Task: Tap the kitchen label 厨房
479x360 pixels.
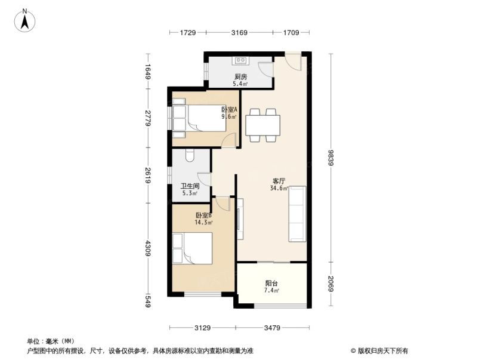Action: (240, 77)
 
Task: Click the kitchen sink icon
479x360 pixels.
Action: (241, 60)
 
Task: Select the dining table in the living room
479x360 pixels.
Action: (262, 125)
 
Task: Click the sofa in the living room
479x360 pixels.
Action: (297, 214)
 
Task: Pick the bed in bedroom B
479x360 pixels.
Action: (193, 248)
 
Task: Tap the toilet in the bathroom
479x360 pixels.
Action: (190, 155)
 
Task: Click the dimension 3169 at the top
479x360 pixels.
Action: (240, 33)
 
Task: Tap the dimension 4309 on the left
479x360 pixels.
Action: (148, 248)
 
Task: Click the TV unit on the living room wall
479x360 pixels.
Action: (240, 219)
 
